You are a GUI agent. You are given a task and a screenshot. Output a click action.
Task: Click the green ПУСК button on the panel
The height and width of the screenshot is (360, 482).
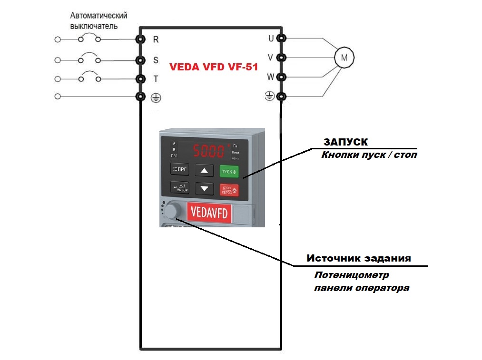229,171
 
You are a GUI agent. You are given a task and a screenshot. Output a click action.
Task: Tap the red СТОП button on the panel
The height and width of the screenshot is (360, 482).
229,190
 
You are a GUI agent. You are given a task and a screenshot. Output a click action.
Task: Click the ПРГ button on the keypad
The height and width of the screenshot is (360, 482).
180,169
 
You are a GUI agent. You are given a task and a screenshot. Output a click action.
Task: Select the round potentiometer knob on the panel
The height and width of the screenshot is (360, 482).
174,210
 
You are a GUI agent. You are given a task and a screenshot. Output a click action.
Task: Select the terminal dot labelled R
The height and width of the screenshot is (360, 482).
140,39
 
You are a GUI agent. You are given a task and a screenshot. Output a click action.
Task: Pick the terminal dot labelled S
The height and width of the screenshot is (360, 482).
140,60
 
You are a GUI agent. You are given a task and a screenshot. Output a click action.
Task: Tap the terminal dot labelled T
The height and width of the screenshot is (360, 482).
140,78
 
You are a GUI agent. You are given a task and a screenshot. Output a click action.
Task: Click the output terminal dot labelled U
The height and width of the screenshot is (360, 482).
281,39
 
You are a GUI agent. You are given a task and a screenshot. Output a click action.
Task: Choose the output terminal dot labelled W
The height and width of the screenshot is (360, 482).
281,77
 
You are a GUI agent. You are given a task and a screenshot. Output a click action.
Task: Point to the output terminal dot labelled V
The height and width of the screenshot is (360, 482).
281,58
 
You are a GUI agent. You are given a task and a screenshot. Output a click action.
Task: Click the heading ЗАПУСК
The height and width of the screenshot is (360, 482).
345,142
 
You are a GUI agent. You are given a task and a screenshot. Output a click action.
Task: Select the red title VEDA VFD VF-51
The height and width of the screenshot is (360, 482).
214,67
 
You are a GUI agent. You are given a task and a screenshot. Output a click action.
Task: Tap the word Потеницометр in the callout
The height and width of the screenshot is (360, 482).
352,275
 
